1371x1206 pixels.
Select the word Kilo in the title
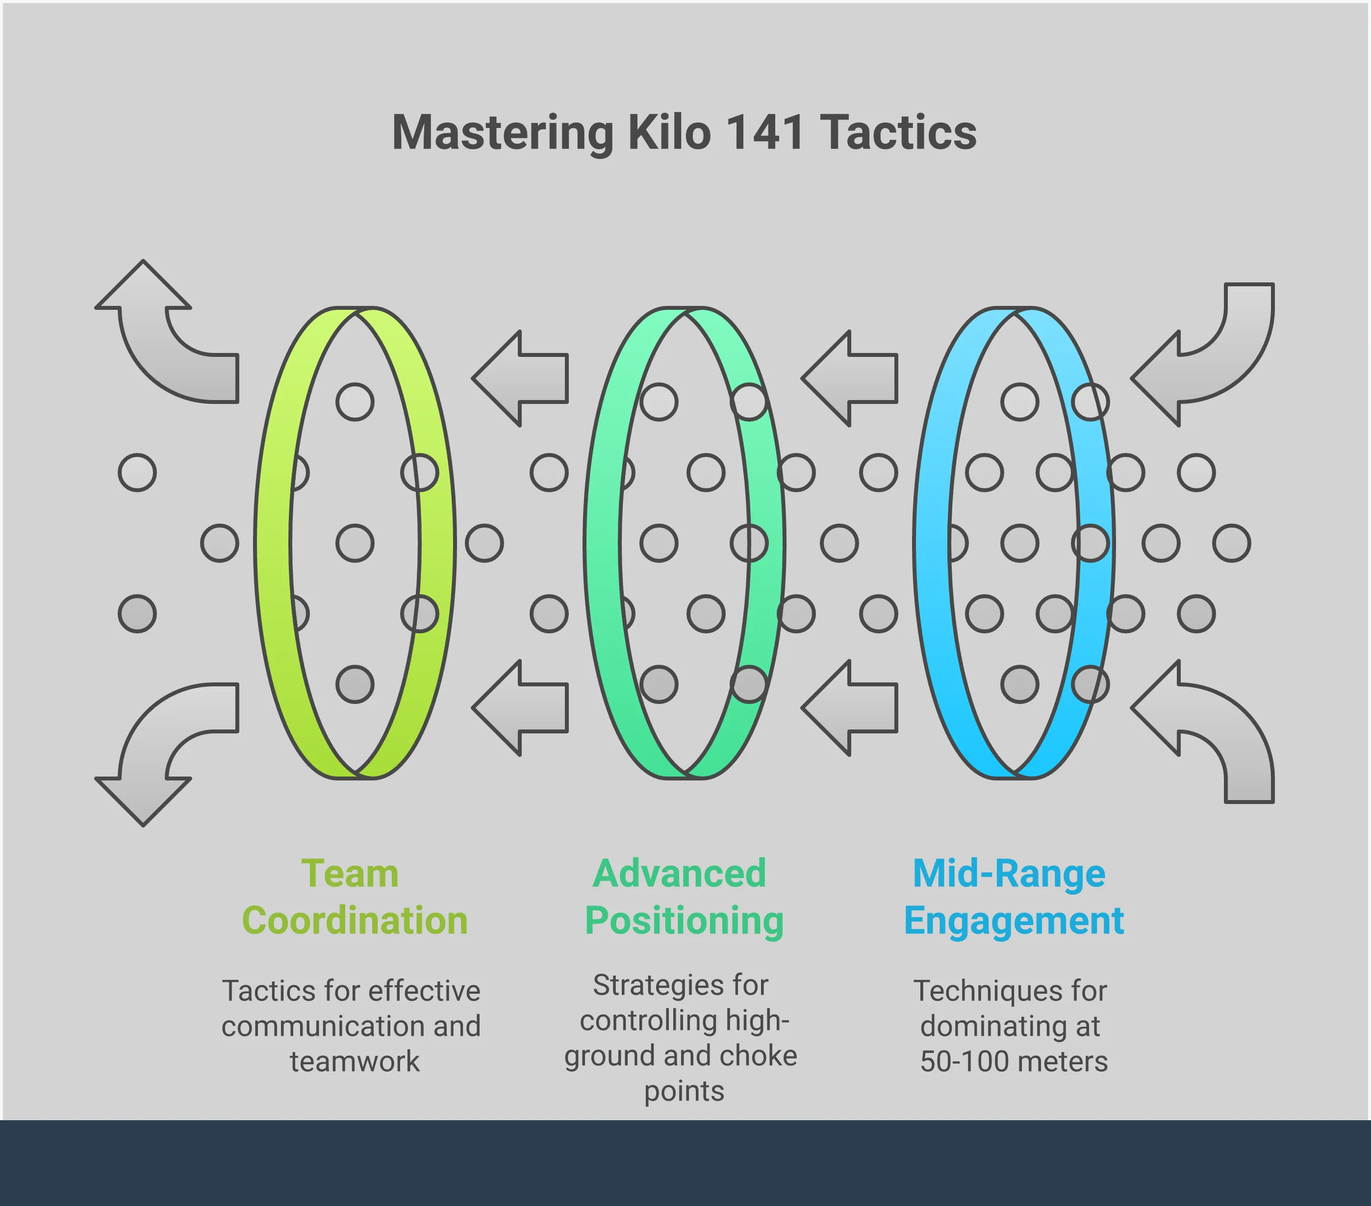pyautogui.click(x=669, y=132)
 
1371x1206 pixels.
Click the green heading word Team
pyautogui.click(x=350, y=874)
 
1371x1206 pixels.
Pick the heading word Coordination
pyautogui.click(x=355, y=920)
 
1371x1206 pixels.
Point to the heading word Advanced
pyautogui.click(x=680, y=874)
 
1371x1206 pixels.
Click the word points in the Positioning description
pyautogui.click(x=684, y=1091)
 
